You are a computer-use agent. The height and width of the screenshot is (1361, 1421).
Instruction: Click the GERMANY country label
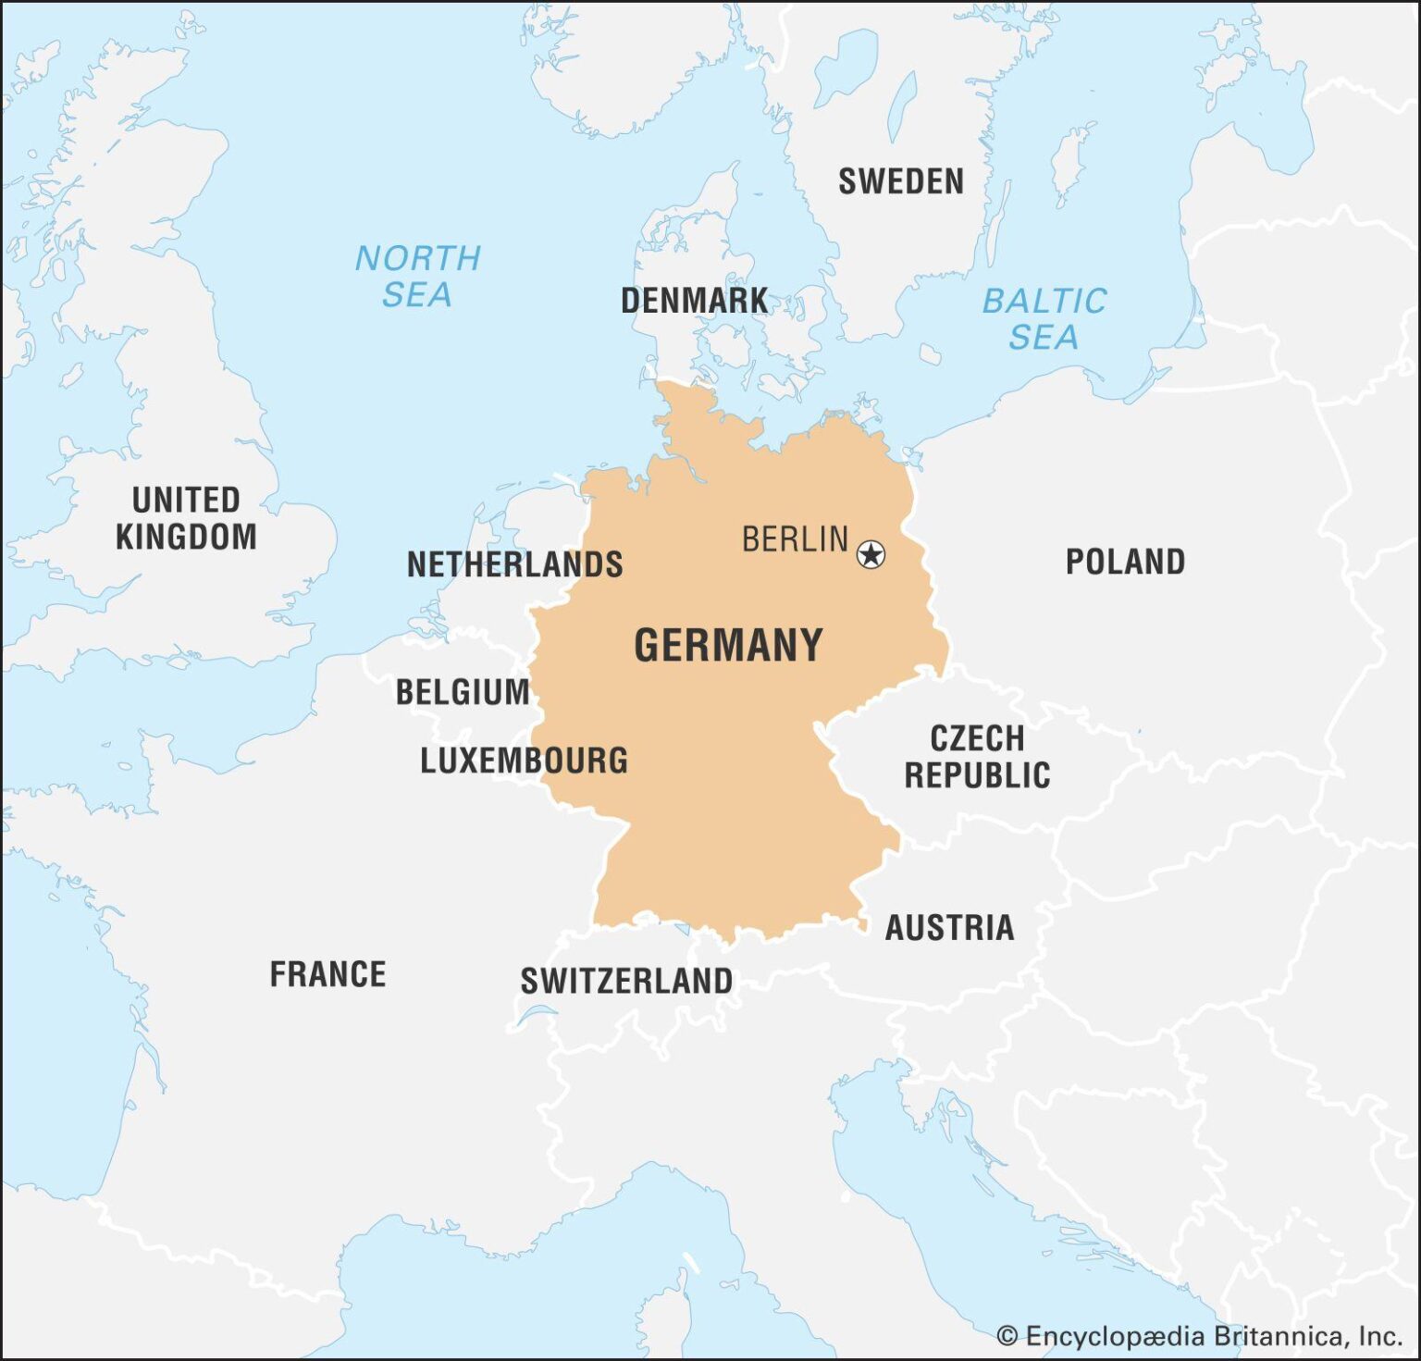pyautogui.click(x=728, y=645)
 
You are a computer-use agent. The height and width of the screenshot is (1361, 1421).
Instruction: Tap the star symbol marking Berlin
pyautogui.click(x=871, y=554)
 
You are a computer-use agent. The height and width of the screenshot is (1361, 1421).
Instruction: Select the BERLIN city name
pyautogui.click(x=795, y=539)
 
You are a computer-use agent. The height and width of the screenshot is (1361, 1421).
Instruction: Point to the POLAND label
pyautogui.click(x=1125, y=562)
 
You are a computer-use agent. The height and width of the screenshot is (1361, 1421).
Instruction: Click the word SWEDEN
pyautogui.click(x=900, y=181)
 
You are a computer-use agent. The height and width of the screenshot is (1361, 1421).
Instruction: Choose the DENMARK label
pyautogui.click(x=694, y=301)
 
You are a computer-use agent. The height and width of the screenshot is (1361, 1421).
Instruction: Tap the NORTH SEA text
pyautogui.click(x=418, y=276)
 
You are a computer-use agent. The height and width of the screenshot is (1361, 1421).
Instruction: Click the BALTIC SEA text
pyautogui.click(x=1044, y=318)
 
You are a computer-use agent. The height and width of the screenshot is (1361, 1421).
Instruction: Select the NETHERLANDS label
pyautogui.click(x=514, y=564)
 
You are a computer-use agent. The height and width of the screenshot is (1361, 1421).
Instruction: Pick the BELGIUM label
pyautogui.click(x=463, y=692)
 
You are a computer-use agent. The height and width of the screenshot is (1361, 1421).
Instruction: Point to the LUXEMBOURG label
pyautogui.click(x=524, y=761)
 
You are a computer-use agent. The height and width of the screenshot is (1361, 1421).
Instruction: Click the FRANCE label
pyautogui.click(x=327, y=974)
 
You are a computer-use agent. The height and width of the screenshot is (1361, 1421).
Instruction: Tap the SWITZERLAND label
pyautogui.click(x=626, y=981)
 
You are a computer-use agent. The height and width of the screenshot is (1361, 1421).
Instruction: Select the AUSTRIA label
pyautogui.click(x=949, y=927)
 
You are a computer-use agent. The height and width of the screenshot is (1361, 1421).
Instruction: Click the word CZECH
pyautogui.click(x=977, y=738)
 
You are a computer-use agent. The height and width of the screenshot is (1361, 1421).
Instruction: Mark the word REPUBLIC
pyautogui.click(x=977, y=775)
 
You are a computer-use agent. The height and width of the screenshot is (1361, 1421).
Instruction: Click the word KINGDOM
pyautogui.click(x=186, y=537)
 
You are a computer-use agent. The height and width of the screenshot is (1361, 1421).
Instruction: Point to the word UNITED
pyautogui.click(x=186, y=500)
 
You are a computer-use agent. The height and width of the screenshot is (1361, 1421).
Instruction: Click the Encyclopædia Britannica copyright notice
pyautogui.click(x=1212, y=1336)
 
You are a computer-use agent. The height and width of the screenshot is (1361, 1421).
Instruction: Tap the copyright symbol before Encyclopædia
pyautogui.click(x=1007, y=1336)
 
